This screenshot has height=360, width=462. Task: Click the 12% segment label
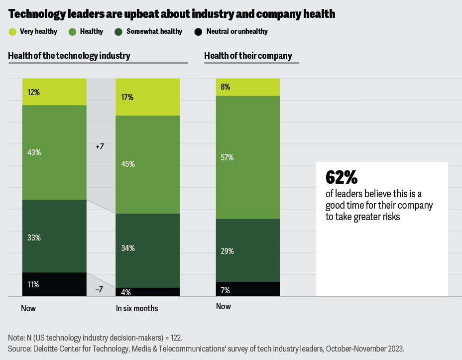34,93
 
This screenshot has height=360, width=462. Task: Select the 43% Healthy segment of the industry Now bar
54,152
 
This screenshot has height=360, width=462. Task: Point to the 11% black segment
54,284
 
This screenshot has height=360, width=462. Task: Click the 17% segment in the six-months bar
147,97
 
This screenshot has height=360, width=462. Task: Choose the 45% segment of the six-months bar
147,164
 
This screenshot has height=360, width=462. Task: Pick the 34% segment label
128,248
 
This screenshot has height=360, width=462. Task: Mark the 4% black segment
147,292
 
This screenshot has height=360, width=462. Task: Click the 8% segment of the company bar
247,87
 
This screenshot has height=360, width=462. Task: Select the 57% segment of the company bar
247,157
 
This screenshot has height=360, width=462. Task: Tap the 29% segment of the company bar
247,250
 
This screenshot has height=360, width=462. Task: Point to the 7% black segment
247,289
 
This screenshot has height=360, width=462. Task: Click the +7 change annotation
99,147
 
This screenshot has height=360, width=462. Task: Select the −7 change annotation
99,289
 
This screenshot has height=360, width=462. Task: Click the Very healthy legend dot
13,32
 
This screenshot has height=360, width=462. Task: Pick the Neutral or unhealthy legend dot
198,32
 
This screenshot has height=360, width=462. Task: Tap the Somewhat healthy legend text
154,32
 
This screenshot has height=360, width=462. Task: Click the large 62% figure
342,177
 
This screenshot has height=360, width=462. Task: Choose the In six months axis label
137,309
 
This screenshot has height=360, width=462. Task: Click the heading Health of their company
248,56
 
